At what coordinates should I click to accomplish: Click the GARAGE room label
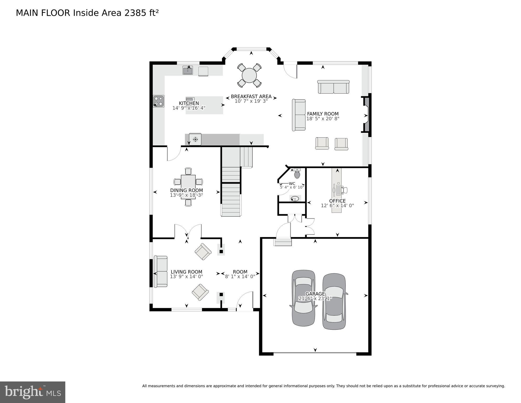315,294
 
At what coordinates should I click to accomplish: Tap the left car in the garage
303,298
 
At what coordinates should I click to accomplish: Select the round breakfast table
249,75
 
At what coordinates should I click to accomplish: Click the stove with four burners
158,101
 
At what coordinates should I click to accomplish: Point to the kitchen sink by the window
188,70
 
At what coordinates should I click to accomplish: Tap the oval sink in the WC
295,199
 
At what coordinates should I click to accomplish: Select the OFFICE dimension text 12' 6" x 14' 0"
337,206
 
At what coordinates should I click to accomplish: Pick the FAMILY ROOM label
323,114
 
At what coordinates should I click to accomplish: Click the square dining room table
188,187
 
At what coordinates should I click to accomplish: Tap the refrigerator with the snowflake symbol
195,139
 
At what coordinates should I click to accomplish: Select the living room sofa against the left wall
160,271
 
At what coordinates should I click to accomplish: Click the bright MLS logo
33,392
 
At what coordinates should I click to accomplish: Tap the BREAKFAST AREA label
251,96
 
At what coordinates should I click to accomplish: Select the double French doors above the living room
188,231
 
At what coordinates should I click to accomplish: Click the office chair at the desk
345,190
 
